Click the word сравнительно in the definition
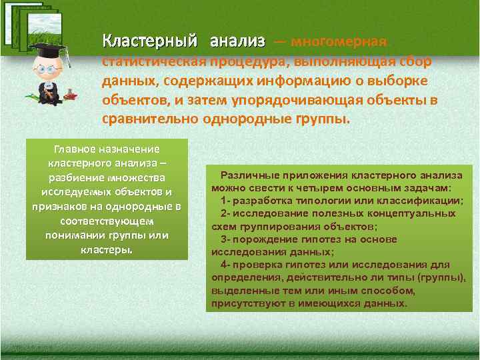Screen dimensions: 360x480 [141, 121]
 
